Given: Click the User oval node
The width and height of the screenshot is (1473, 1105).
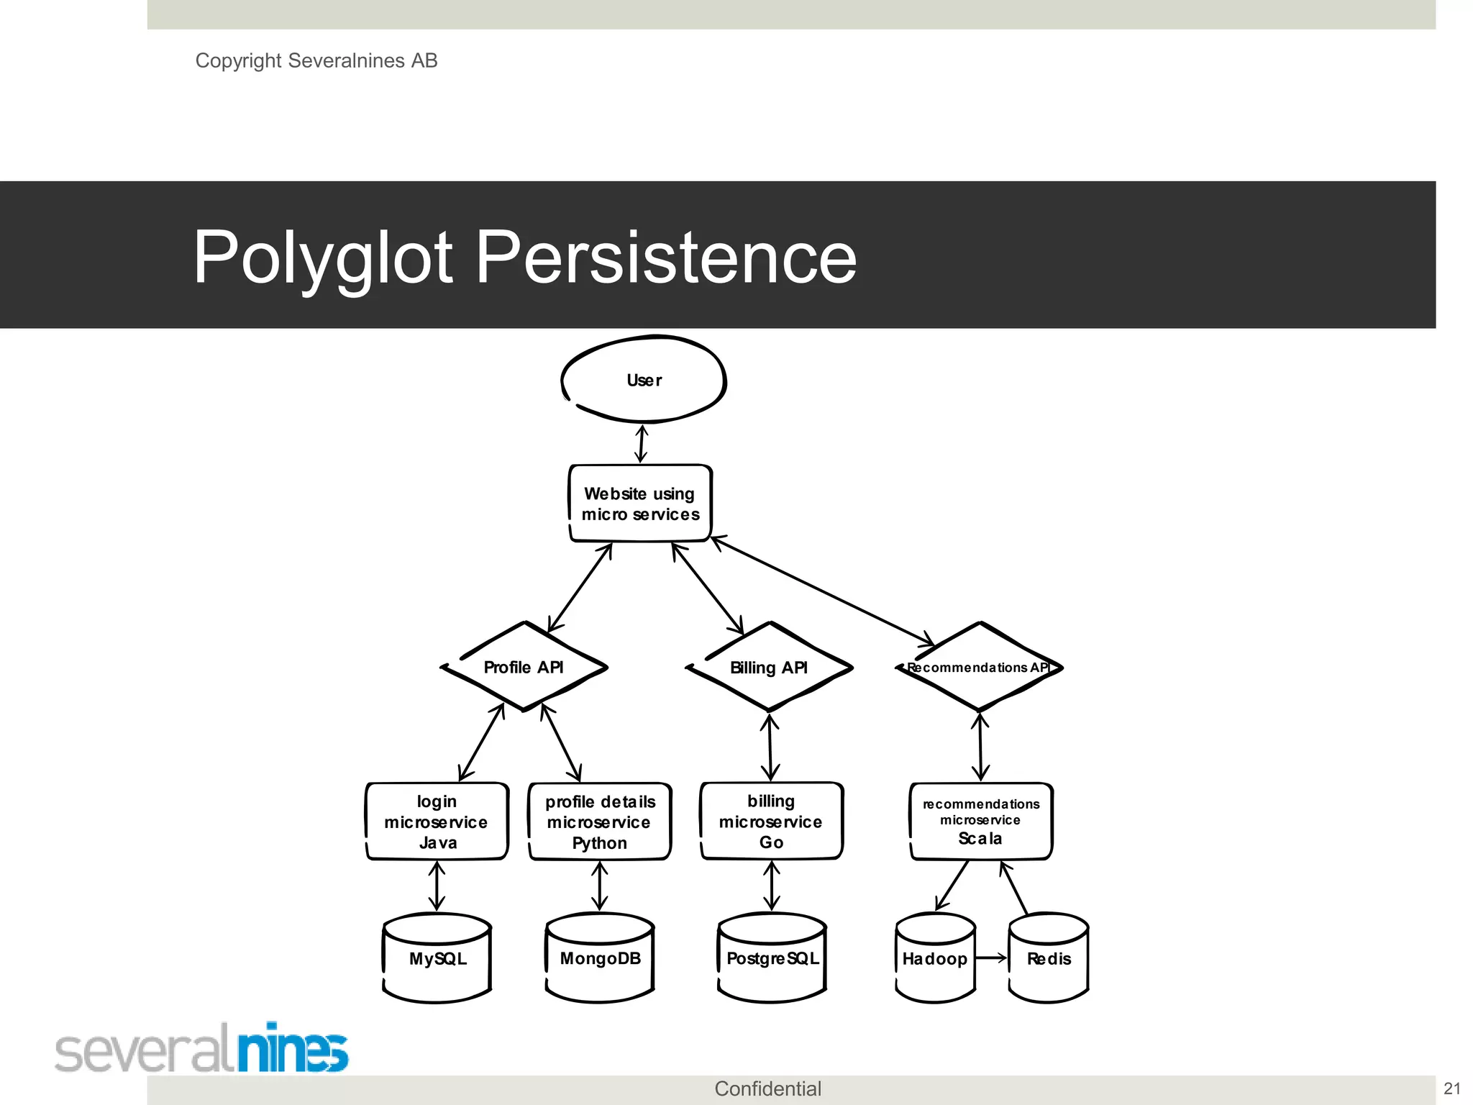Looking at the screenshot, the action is click(x=644, y=380).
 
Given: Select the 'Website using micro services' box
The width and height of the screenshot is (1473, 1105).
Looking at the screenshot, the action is click(x=640, y=504).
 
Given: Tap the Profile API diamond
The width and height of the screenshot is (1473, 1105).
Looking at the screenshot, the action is click(x=524, y=667).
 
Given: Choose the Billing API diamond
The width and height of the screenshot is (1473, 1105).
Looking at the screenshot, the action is click(x=769, y=667).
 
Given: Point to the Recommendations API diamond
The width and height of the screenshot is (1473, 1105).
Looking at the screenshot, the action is click(x=979, y=667).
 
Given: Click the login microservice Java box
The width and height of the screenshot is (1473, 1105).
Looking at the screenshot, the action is click(x=437, y=822).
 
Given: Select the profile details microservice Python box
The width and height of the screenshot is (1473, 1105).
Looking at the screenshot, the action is click(x=600, y=822).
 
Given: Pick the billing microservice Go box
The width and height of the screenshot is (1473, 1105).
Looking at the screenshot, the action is click(x=771, y=821).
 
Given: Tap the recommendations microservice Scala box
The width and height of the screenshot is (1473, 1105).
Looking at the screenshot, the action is click(x=981, y=821).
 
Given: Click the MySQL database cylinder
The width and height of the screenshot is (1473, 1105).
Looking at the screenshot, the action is click(x=437, y=958).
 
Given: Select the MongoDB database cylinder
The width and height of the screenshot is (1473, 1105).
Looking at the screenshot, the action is click(x=600, y=958).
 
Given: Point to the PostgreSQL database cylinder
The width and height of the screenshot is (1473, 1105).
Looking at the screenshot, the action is click(x=772, y=958).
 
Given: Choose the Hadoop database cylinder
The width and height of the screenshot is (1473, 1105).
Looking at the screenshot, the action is click(x=935, y=958).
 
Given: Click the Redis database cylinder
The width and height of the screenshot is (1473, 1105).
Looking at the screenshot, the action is click(x=1049, y=958).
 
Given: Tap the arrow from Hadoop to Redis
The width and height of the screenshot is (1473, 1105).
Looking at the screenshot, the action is click(x=992, y=958).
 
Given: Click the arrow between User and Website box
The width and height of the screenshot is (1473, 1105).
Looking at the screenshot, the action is click(x=642, y=443).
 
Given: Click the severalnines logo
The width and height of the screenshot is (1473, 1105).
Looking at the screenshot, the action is click(x=201, y=1048).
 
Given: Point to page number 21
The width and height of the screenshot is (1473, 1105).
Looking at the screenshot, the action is click(x=1452, y=1088).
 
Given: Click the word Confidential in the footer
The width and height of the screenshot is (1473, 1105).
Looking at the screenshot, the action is click(x=767, y=1088).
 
